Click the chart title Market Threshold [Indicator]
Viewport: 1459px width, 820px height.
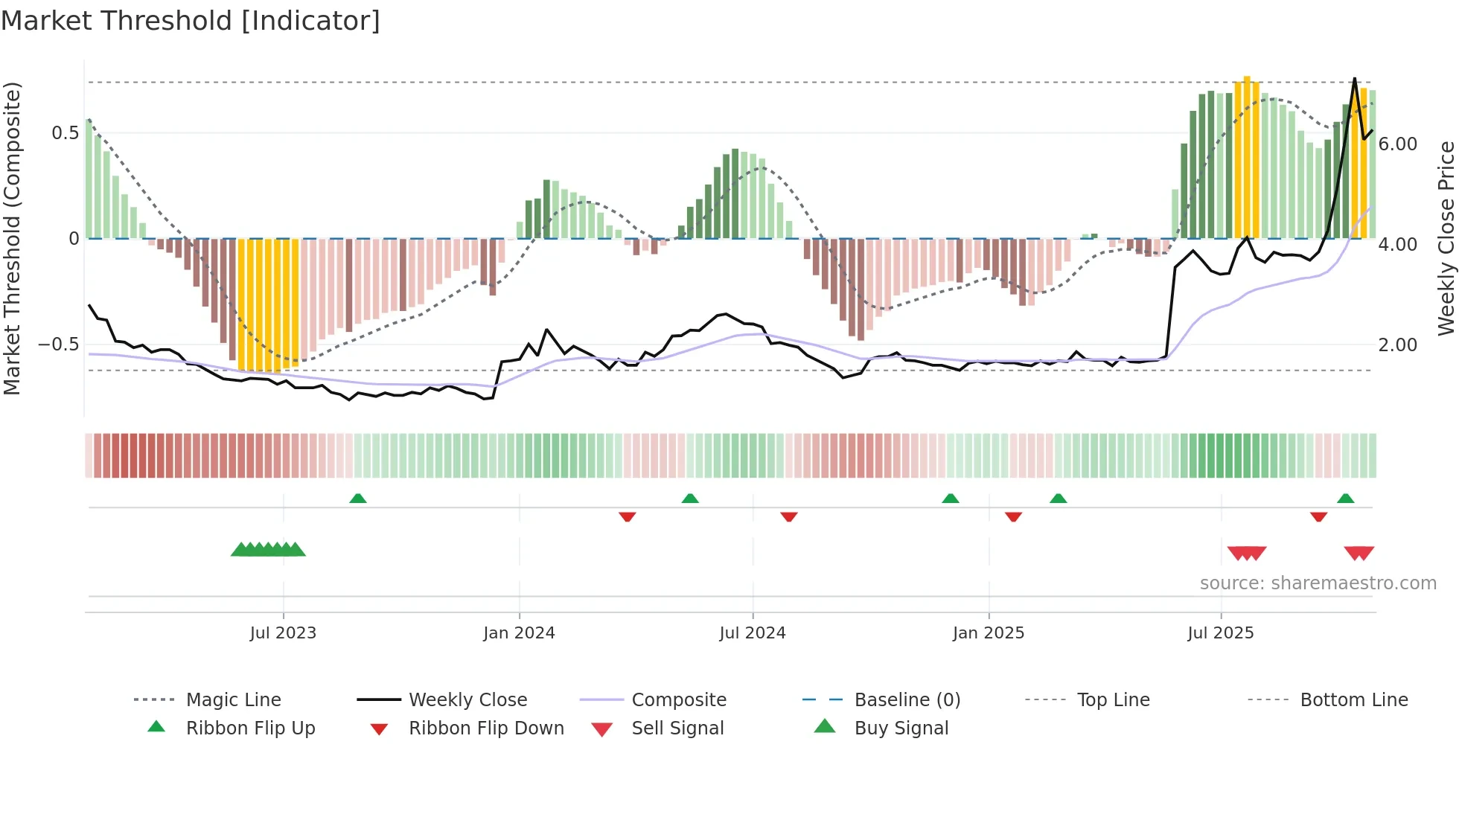pyautogui.click(x=191, y=21)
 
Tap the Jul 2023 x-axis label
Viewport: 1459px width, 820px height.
pyautogui.click(x=283, y=633)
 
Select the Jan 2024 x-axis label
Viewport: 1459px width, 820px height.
pyautogui.click(x=519, y=633)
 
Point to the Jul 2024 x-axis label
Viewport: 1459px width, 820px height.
pyautogui.click(x=753, y=633)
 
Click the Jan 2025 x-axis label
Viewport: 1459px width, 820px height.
pyautogui.click(x=989, y=633)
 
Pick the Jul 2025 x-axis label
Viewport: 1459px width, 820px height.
pyautogui.click(x=1221, y=633)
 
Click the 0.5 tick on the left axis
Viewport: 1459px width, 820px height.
pyautogui.click(x=65, y=133)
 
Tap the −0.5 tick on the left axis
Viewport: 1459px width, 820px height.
pyautogui.click(x=58, y=345)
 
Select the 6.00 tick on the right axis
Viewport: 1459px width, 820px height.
pyautogui.click(x=1398, y=144)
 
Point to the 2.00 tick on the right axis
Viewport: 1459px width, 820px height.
pyautogui.click(x=1398, y=345)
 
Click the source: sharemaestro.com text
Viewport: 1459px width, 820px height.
pyautogui.click(x=1318, y=583)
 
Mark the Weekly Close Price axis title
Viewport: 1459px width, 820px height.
pyautogui.click(x=1446, y=238)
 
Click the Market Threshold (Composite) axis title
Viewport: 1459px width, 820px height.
pyautogui.click(x=12, y=238)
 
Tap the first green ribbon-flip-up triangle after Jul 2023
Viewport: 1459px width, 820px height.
pyautogui.click(x=358, y=499)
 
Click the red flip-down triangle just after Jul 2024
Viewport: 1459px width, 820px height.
pyautogui.click(x=789, y=516)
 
